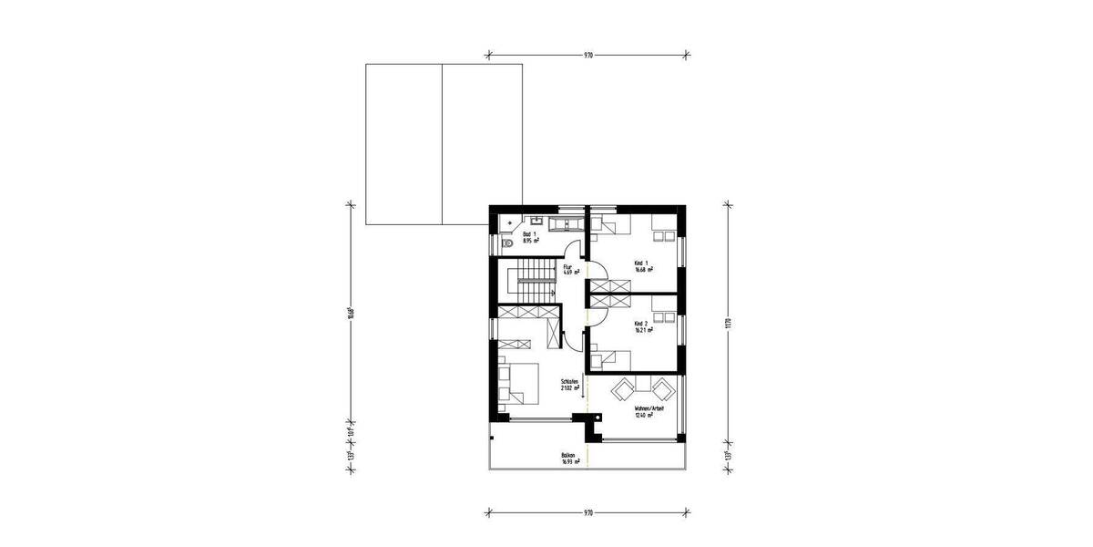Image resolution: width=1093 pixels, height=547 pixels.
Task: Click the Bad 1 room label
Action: pyautogui.click(x=528, y=235)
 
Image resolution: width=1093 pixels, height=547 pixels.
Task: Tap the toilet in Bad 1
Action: pyautogui.click(x=506, y=243)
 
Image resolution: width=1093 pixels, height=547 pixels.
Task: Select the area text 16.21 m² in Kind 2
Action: pyautogui.click(x=643, y=330)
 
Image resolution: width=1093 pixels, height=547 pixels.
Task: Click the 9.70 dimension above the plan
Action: pyautogui.click(x=587, y=55)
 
